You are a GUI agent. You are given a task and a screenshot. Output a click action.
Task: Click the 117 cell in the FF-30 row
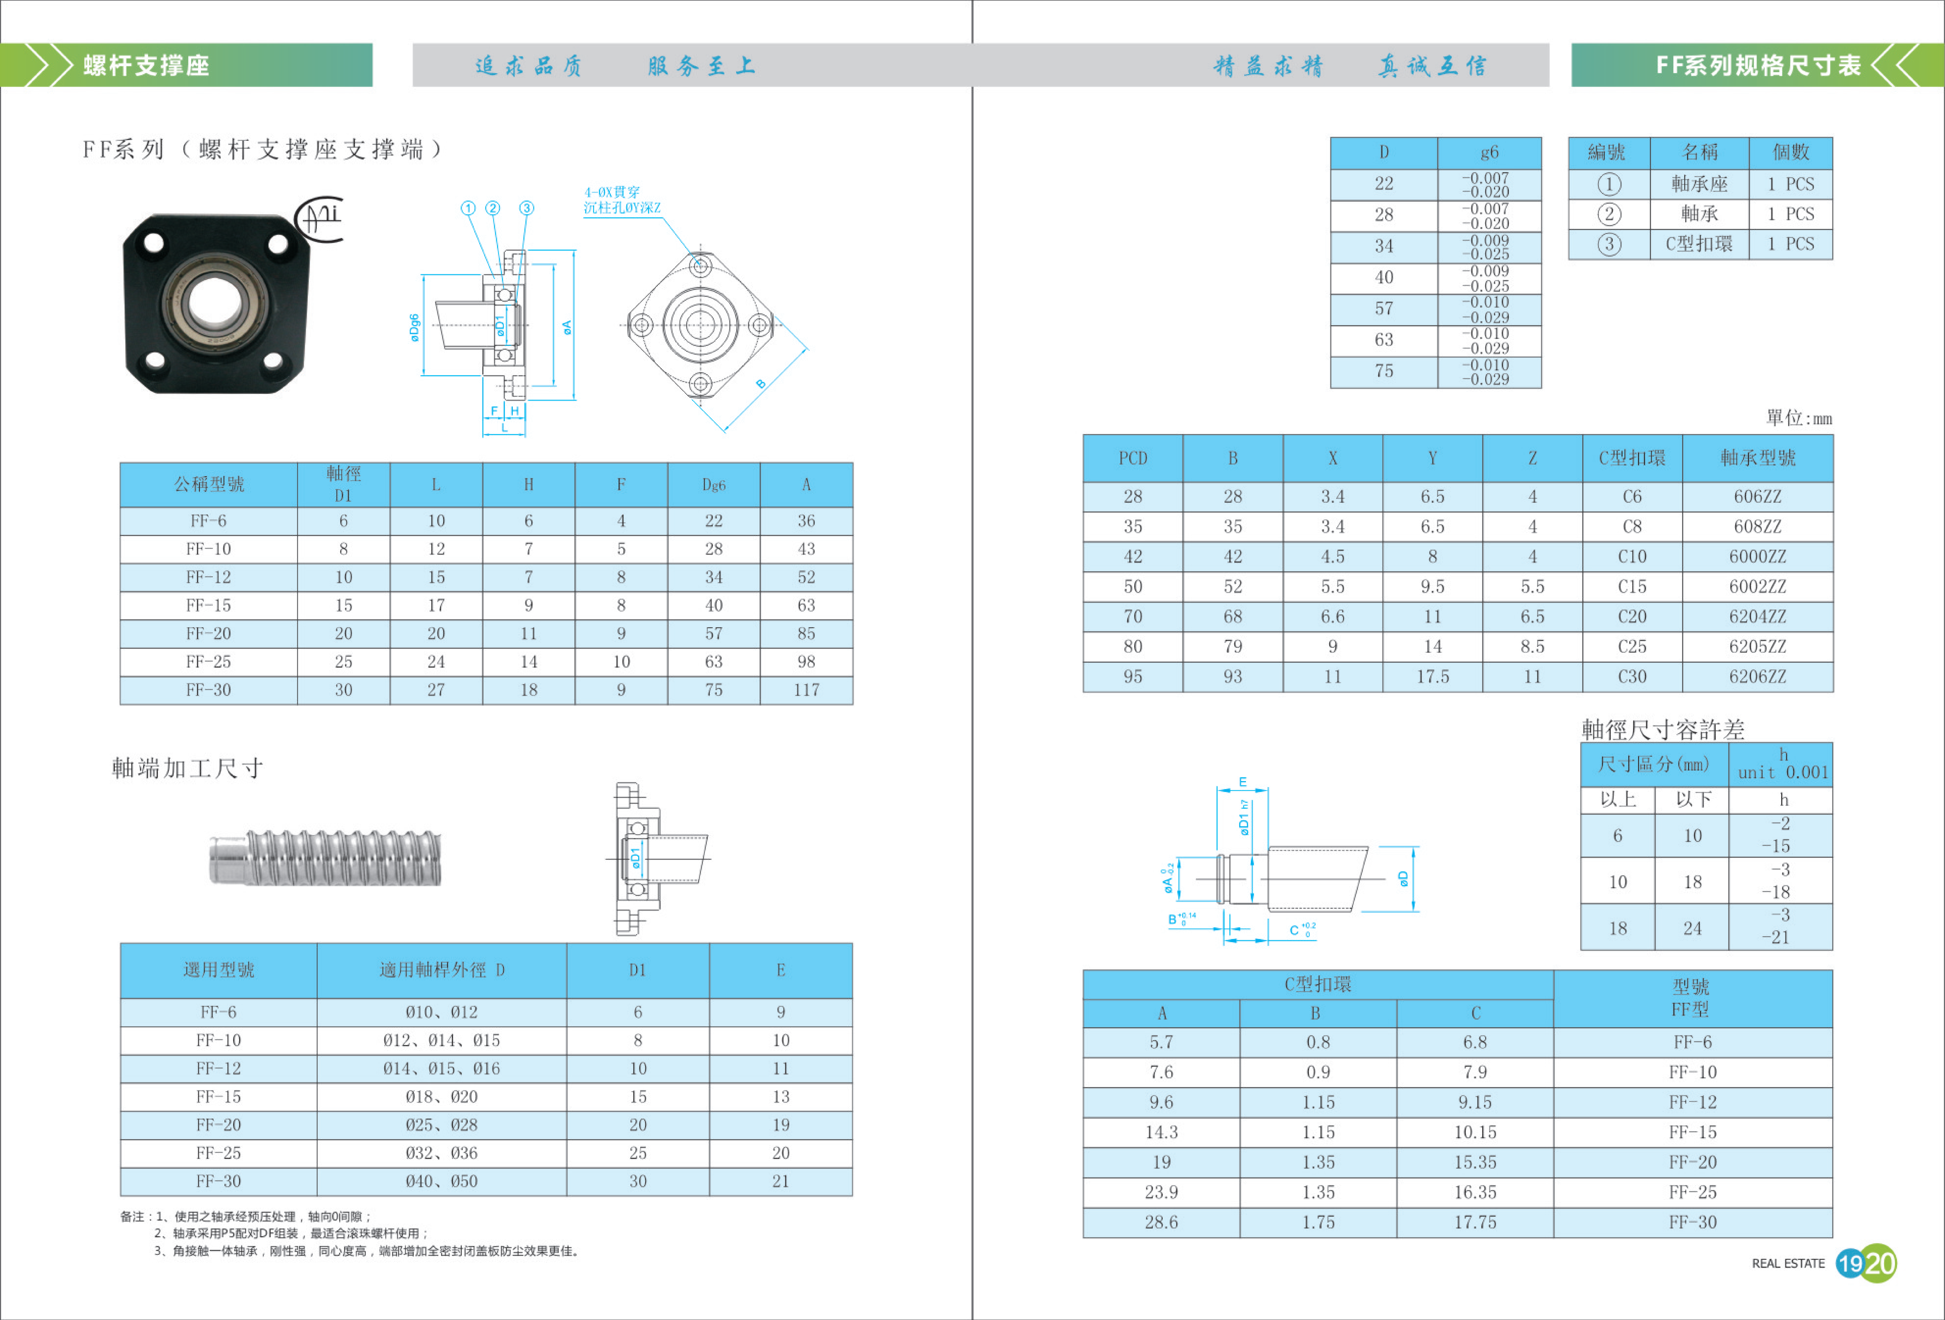pyautogui.click(x=806, y=690)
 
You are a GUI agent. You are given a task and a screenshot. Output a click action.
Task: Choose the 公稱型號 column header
pyautogui.click(x=208, y=485)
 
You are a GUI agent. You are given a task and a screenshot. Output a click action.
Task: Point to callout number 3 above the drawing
pyautogui.click(x=526, y=208)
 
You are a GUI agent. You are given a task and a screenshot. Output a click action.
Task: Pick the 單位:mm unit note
pyautogui.click(x=1799, y=418)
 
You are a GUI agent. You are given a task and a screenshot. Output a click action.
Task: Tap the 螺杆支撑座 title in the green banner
pyautogui.click(x=146, y=65)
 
